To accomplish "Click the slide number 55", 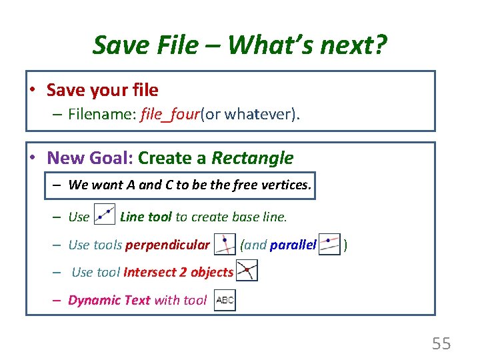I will (x=441, y=344).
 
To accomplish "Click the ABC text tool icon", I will (x=225, y=300).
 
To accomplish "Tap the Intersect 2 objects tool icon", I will (x=247, y=271).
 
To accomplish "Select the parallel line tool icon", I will (x=329, y=244).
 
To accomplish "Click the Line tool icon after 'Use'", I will (x=105, y=215).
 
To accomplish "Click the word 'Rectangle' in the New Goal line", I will (x=252, y=158).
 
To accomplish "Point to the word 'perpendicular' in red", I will (x=167, y=245).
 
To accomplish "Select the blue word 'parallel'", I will (x=293, y=245).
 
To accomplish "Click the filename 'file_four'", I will (x=170, y=115).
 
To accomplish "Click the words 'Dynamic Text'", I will (x=109, y=300).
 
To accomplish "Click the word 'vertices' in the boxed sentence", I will (x=287, y=185).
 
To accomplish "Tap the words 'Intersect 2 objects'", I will (x=178, y=272).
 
